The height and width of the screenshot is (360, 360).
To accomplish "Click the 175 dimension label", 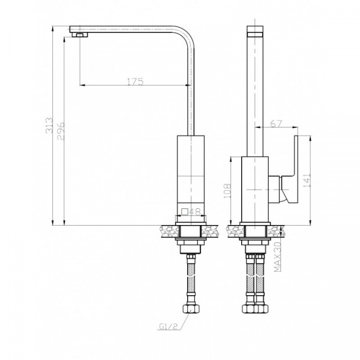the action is point(135,82).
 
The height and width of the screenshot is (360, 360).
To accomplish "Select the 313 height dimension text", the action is point(49,125).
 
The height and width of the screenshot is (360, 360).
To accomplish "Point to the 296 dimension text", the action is point(61,131).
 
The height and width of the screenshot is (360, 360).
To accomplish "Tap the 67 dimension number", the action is point(276,124).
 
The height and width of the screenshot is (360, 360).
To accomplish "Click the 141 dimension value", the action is point(307,180).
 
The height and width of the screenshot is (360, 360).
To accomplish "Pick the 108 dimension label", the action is point(227,191).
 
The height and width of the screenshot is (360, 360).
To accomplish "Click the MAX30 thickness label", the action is point(278,257).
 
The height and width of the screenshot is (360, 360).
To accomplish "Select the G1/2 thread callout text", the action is point(169,326).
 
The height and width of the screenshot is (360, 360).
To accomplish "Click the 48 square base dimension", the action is point(195,211).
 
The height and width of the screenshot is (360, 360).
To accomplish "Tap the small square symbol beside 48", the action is point(185,211).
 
